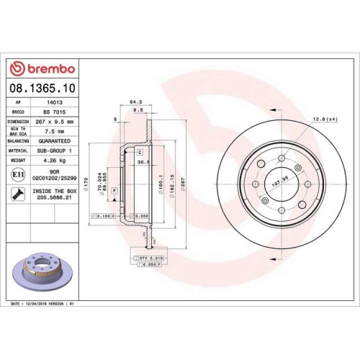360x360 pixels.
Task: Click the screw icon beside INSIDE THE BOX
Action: pyautogui.click(x=17, y=194)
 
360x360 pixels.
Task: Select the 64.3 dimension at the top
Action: pyautogui.click(x=135, y=102)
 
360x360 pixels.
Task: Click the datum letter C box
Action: pyautogui.click(x=140, y=153)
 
